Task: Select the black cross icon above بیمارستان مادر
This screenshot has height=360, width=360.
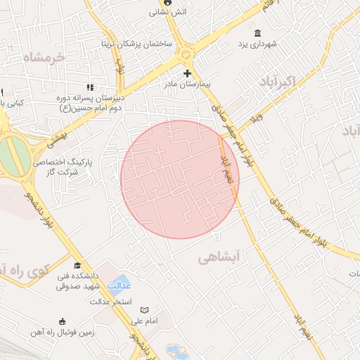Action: click(x=187, y=73)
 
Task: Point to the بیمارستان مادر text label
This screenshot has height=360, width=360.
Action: click(x=188, y=84)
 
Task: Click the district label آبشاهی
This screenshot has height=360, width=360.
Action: click(x=219, y=258)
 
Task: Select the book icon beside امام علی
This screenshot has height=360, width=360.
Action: click(x=145, y=310)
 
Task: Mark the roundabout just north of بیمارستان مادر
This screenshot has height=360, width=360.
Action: click(x=186, y=52)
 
